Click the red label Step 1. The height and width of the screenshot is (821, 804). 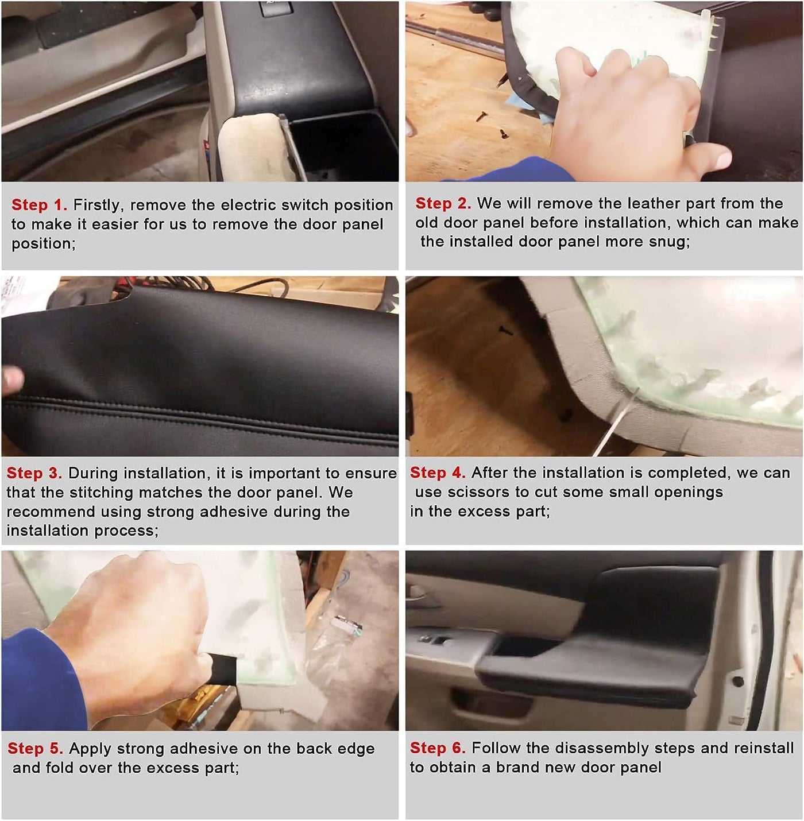[x=39, y=205]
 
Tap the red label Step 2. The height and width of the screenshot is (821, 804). [x=443, y=203]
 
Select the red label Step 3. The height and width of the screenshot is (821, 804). [x=34, y=473]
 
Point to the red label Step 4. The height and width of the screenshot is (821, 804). [x=438, y=473]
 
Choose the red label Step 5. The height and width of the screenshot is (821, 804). [x=36, y=748]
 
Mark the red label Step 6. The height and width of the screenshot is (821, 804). [x=438, y=748]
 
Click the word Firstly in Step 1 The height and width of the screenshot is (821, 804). [x=99, y=206]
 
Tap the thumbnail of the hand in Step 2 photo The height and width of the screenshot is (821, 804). [x=721, y=160]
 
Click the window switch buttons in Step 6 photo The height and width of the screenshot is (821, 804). [x=432, y=640]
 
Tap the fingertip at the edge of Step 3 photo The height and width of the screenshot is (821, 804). [x=11, y=379]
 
